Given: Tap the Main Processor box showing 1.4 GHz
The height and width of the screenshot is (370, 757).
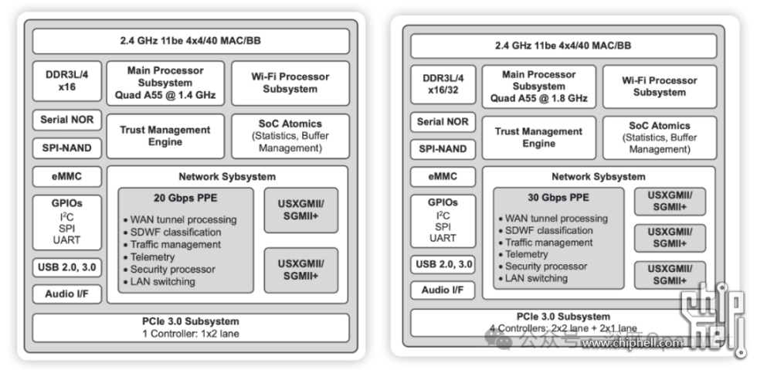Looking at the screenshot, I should click(165, 83).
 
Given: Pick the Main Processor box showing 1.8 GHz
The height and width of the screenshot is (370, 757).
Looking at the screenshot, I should click(538, 87).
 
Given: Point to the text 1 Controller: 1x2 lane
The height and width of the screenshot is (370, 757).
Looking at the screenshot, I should click(191, 333).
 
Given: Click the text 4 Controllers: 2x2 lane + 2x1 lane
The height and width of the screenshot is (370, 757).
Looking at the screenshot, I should click(562, 328).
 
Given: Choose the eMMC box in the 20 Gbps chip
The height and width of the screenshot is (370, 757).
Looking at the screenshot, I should click(66, 176).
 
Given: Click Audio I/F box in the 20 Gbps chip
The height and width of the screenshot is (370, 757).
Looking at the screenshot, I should click(66, 294).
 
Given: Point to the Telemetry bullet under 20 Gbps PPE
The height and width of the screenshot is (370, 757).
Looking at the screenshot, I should click(152, 256).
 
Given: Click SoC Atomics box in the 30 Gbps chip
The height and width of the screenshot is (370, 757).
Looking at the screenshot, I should click(659, 137).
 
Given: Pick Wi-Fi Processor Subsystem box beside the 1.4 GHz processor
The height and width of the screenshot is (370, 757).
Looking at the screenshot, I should click(290, 83).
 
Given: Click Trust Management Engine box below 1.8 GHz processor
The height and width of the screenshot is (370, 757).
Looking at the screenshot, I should click(538, 137).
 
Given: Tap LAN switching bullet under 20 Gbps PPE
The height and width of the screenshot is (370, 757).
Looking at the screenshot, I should click(162, 281).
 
